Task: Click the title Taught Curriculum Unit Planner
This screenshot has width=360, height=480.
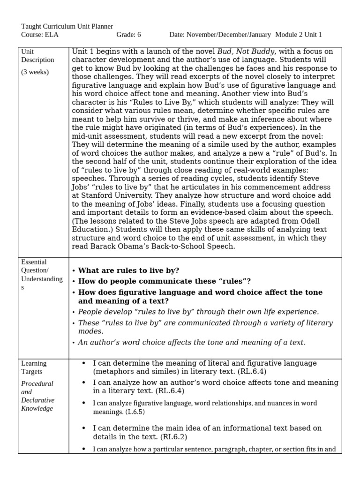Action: pyautogui.click(x=67, y=27)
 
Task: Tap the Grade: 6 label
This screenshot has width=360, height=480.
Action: pyautogui.click(x=128, y=35)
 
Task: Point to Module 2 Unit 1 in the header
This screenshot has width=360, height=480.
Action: pyautogui.click(x=299, y=35)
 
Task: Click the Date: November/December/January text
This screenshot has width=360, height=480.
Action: pyautogui.click(x=220, y=35)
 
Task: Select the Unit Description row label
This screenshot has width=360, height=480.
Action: pyautogui.click(x=37, y=56)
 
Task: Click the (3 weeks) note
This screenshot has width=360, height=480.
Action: pyautogui.click(x=35, y=72)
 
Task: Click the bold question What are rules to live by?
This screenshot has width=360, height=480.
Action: pyautogui.click(x=128, y=270)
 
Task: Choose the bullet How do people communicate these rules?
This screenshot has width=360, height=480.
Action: pyautogui.click(x=164, y=281)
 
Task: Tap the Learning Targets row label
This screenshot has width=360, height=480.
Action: pyautogui.click(x=34, y=367)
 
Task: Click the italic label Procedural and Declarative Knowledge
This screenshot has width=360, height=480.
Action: pyautogui.click(x=37, y=396)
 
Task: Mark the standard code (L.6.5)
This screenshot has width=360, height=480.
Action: pyautogui.click(x=135, y=412)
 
